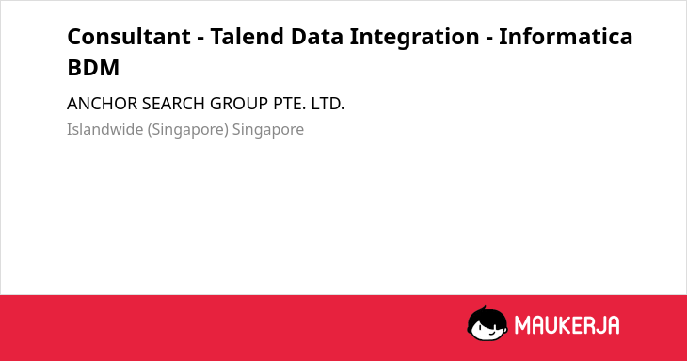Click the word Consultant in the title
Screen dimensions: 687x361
pos(129,37)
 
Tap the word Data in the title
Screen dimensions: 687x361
pos(316,37)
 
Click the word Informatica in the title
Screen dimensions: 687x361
pos(566,37)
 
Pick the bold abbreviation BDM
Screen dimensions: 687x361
pos(93,68)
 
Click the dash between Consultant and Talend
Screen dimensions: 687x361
pos(200,39)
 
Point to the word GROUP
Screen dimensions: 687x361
pos(239,104)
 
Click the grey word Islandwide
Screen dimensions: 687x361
pos(105,129)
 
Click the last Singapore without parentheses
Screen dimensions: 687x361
pos(268,130)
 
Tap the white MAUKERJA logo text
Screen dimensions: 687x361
pos(567,325)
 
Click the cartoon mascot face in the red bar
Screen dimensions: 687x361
pos(487,324)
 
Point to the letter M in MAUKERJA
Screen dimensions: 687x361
pos(522,325)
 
